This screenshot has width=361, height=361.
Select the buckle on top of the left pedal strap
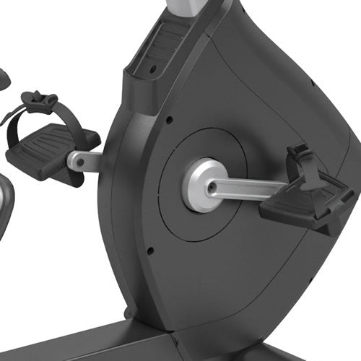[42, 99]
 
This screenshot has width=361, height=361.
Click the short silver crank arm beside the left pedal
[84, 160]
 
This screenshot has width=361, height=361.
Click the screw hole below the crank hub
[149, 251]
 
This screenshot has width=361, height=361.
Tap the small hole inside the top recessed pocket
[152, 69]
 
